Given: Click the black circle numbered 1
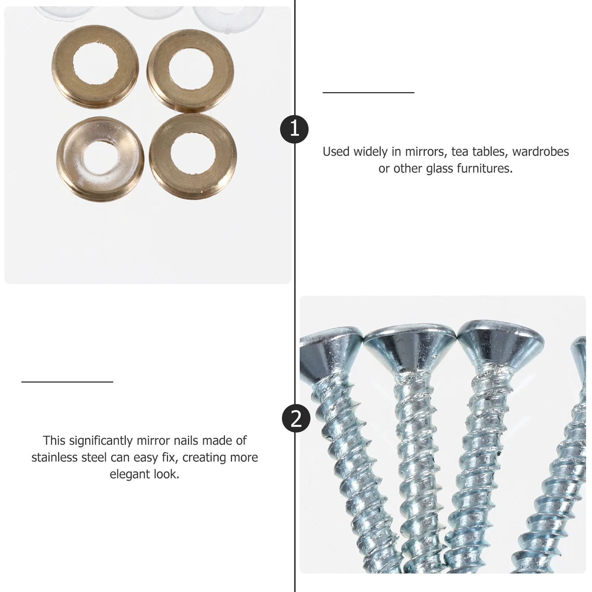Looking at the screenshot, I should coord(294,129).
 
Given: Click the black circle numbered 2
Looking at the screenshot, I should coord(296,419).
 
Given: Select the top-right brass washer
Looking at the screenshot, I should coord(190,70).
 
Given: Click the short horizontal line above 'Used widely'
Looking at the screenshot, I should coord(368,92).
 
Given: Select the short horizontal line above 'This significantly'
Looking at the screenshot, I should coord(67,382).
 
